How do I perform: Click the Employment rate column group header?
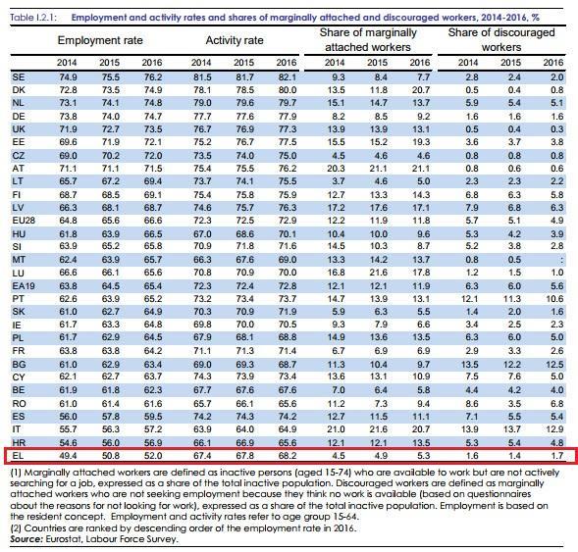(x=100, y=40)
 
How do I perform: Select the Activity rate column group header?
(x=235, y=40)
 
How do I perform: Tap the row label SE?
(x=19, y=77)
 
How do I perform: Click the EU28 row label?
(x=24, y=221)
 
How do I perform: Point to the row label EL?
(x=18, y=456)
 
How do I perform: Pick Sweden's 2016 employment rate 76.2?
(x=153, y=77)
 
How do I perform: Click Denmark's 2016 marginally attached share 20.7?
(x=421, y=90)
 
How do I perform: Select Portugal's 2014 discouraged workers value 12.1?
(x=469, y=299)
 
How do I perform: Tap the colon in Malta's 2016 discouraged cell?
(x=561, y=260)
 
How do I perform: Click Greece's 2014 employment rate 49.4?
(x=68, y=456)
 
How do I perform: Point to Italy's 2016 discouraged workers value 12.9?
(x=554, y=429)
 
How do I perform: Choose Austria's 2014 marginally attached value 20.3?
(x=336, y=169)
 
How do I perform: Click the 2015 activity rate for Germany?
(x=244, y=117)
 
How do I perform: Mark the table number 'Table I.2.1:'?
(x=33, y=18)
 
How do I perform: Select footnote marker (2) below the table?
(x=16, y=528)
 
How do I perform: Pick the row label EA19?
(x=24, y=286)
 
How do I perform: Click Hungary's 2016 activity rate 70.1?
(x=288, y=234)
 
